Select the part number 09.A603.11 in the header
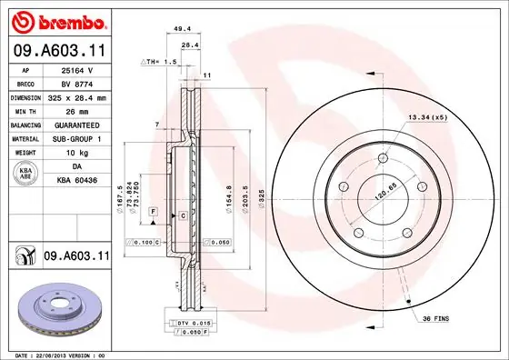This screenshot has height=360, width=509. tap(57, 52)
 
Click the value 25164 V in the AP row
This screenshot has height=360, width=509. tap(75, 70)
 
